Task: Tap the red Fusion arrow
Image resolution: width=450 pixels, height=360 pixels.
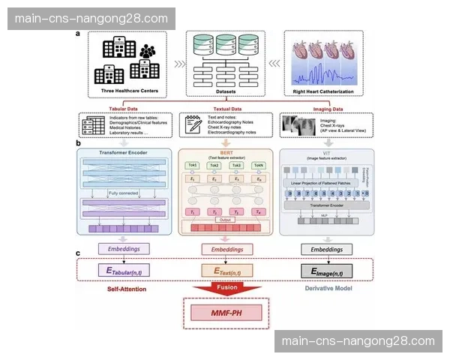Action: click(226, 286)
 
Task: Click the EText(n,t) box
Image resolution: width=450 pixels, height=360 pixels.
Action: click(226, 269)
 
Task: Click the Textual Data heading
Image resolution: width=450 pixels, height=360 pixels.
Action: click(226, 108)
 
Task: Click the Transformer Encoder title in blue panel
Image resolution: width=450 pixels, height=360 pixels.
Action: click(124, 153)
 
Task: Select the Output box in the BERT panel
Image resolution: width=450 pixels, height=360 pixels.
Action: click(226, 220)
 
